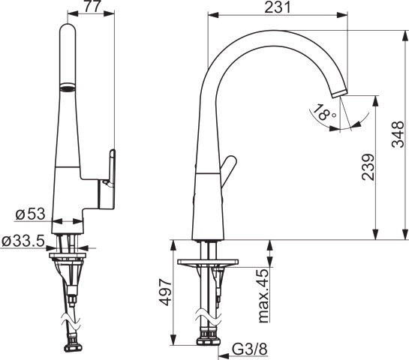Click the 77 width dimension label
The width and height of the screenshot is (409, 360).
pos(92,6)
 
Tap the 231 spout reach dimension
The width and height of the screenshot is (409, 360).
pos(277,7)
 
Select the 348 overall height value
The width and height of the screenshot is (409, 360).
pos(398,134)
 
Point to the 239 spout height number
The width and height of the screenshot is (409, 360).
pos(368,167)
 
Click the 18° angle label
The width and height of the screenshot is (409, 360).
pos(323,112)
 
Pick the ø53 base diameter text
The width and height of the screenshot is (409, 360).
pos(30,214)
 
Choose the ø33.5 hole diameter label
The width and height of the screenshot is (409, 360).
pos(23,241)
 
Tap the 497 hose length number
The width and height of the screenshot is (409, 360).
pos(166,292)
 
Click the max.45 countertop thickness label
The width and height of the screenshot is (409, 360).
pos(263,295)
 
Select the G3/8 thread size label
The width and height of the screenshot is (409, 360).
pos(250,349)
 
